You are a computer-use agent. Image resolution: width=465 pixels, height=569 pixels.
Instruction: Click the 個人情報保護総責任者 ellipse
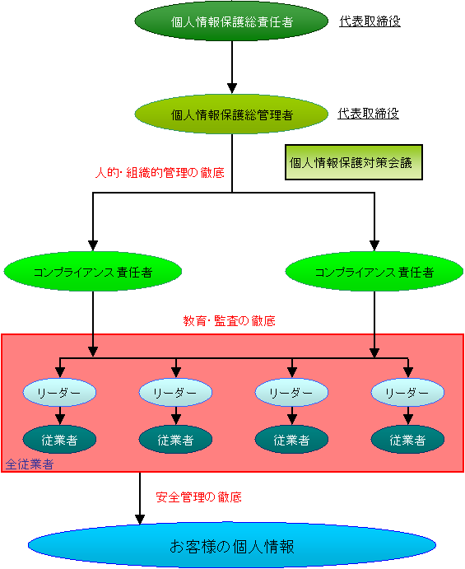tap(231, 21)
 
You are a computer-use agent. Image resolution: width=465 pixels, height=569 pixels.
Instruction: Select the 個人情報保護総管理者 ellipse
tap(231, 114)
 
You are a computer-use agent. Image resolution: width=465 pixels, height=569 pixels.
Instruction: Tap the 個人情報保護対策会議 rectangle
tap(354, 162)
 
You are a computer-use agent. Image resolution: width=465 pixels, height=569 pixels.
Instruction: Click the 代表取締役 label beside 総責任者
tap(370, 21)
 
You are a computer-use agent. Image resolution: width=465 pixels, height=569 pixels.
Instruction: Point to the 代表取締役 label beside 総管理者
tap(368, 114)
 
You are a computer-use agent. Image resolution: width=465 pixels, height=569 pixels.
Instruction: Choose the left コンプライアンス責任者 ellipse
tap(93, 272)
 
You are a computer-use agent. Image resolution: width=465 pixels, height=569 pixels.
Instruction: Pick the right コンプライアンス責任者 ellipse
tap(374, 272)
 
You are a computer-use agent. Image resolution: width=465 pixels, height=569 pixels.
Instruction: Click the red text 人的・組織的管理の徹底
tap(160, 172)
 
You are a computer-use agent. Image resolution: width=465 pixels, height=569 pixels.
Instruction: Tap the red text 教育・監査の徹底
tap(230, 321)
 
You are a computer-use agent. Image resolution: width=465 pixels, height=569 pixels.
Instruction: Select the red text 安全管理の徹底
tap(199, 497)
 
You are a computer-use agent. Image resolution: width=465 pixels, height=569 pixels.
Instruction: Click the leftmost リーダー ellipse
tap(59, 392)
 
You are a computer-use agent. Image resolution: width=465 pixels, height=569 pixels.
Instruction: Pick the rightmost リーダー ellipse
tap(407, 392)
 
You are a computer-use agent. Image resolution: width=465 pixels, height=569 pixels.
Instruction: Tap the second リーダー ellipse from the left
tap(175, 392)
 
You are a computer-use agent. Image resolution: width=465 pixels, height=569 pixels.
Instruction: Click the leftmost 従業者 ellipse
tap(59, 440)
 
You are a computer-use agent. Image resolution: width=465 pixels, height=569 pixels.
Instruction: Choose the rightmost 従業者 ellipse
tap(407, 440)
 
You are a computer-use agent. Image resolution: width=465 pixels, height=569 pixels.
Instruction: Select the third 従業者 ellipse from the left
tap(291, 440)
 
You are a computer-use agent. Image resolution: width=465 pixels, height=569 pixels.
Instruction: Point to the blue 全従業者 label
tap(30, 464)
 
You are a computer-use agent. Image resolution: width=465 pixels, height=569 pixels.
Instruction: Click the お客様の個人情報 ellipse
tap(232, 545)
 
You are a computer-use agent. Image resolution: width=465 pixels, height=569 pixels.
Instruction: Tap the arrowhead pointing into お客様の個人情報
tap(140, 520)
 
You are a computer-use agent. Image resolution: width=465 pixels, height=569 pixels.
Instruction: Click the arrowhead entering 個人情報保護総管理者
tap(232, 88)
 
